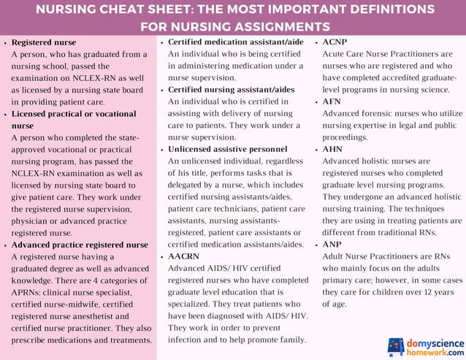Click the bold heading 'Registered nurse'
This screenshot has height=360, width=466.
pyautogui.click(x=43, y=43)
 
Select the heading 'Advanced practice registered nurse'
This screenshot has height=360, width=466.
pyautogui.click(x=80, y=245)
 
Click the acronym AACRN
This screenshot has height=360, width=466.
pyautogui.click(x=184, y=257)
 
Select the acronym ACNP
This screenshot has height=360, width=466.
pyautogui.click(x=335, y=43)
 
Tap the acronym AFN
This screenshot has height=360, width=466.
pyautogui.click(x=332, y=102)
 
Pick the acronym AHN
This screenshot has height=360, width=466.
pyautogui.click(x=332, y=148)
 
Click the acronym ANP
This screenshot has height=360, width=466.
pyautogui.click(x=332, y=245)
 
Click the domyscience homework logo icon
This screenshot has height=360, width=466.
pyautogui.click(x=395, y=345)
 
